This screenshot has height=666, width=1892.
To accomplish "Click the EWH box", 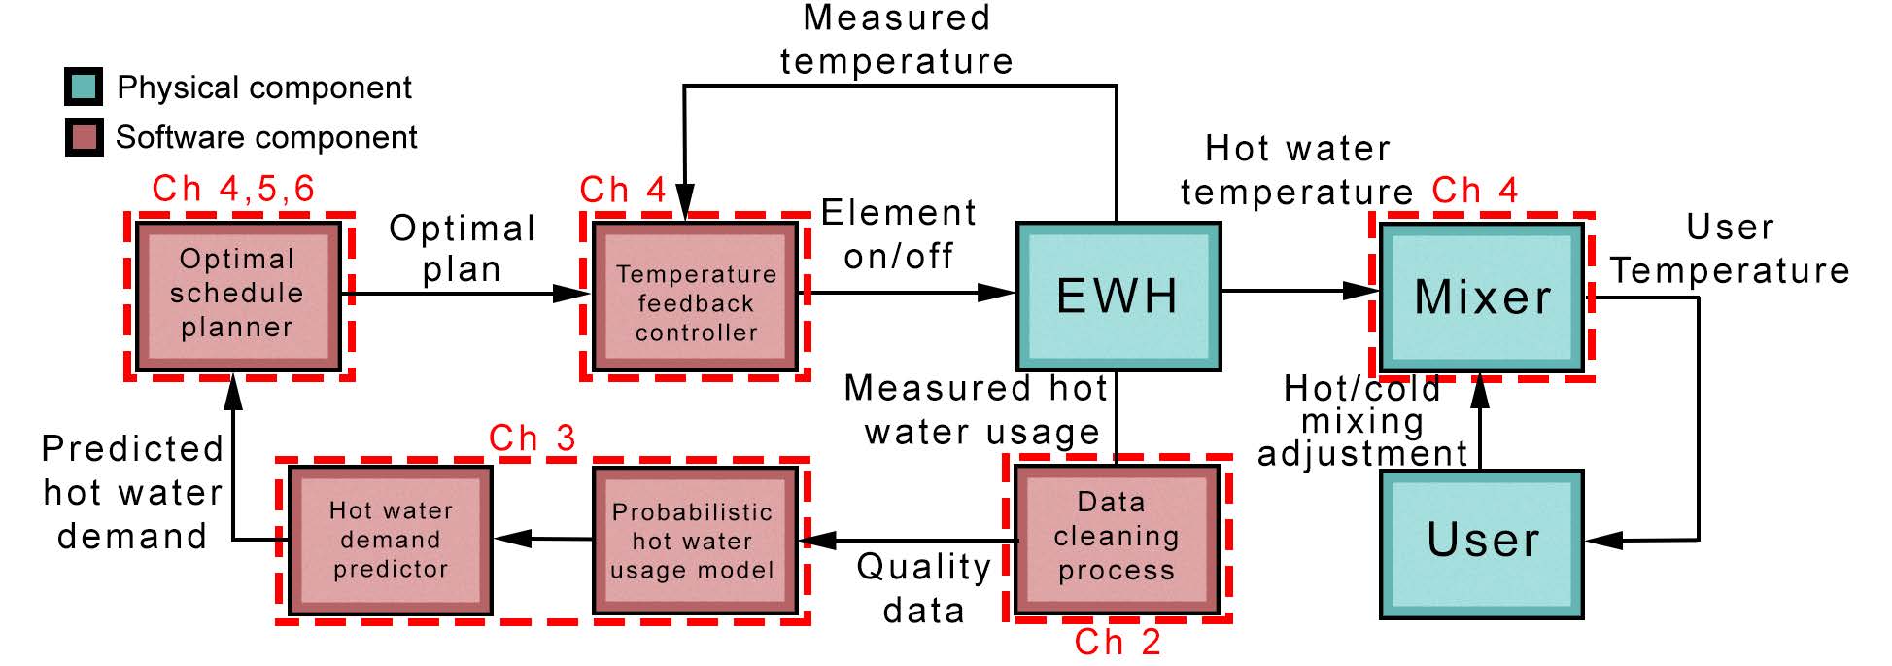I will [x=1118, y=297].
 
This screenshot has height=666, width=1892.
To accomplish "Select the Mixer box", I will [x=1481, y=297].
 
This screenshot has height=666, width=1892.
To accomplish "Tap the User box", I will [x=1481, y=543].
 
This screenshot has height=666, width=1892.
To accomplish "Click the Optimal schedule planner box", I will [x=237, y=295].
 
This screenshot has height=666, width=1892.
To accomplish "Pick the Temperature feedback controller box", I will [x=695, y=298].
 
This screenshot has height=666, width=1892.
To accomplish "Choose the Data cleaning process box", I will [x=1116, y=539].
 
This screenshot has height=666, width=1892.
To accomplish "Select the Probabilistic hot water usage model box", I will [x=694, y=541].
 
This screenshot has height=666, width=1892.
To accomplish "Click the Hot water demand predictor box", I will [x=391, y=540].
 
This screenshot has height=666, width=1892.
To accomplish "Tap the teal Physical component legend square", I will [x=84, y=88].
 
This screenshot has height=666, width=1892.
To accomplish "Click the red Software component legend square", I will [x=84, y=137].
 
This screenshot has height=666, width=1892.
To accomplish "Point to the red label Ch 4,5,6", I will [x=233, y=189].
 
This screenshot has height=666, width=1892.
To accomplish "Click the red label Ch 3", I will [x=532, y=438].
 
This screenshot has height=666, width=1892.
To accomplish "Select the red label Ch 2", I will [x=1118, y=643].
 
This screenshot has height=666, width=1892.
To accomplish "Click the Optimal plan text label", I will [x=462, y=249].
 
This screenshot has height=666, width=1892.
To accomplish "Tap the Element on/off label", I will [x=898, y=234].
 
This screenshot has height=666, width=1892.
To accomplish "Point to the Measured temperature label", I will [x=896, y=39].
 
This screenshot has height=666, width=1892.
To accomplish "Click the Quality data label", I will [x=923, y=588].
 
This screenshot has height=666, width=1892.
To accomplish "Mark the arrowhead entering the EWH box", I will [x=999, y=292].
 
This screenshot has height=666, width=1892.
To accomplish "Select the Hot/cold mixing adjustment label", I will [x=1362, y=421].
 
